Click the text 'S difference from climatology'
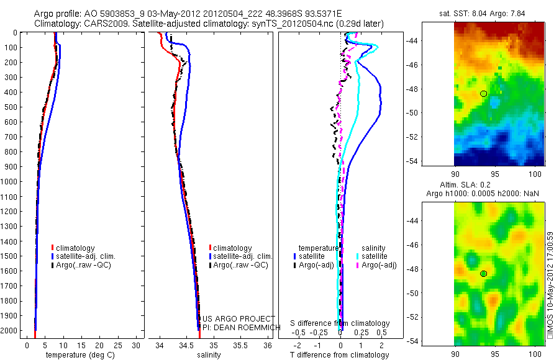pos(340,323)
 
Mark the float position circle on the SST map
pos(483,93)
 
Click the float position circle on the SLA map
pos(483,274)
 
